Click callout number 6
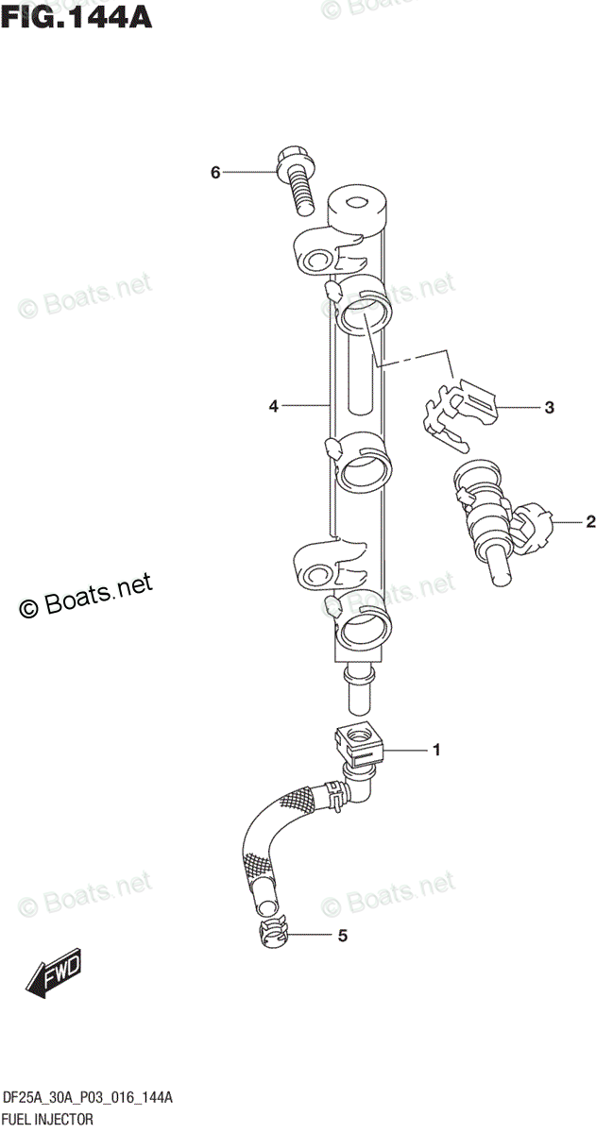coord(215,173)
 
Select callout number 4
coord(273,406)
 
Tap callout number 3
coord(548,408)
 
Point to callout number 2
coord(590,520)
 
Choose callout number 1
coord(435,751)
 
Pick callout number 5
coord(316,936)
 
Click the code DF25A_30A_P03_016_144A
coord(87,1098)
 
